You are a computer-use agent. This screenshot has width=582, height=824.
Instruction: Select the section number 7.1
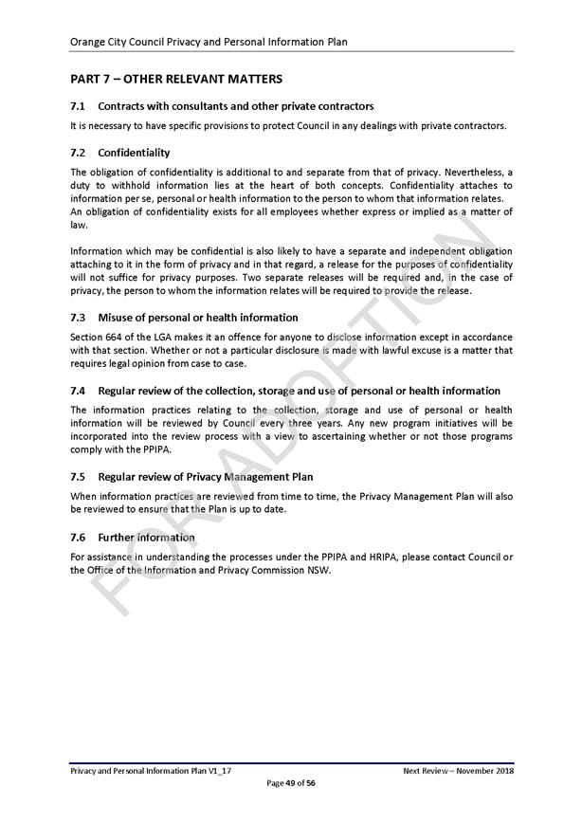pos(79,106)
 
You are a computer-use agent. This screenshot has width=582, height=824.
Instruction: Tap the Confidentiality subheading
pos(134,153)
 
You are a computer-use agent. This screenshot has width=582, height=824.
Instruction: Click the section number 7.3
pos(79,318)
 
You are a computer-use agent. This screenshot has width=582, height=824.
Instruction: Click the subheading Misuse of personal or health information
pos(197,318)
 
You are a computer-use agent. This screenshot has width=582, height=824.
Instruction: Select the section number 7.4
pos(79,391)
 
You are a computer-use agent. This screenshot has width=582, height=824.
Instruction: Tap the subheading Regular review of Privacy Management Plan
pos(205,476)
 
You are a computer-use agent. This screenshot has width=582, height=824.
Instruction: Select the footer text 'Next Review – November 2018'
pos(458,772)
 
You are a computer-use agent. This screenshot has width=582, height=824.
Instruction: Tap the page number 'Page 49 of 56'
pos(291,783)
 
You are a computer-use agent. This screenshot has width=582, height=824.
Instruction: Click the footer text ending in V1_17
pos(151,772)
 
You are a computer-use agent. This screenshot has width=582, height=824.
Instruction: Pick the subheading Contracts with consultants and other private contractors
pos(235,106)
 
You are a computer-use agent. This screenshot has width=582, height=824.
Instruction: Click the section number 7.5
pos(79,476)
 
